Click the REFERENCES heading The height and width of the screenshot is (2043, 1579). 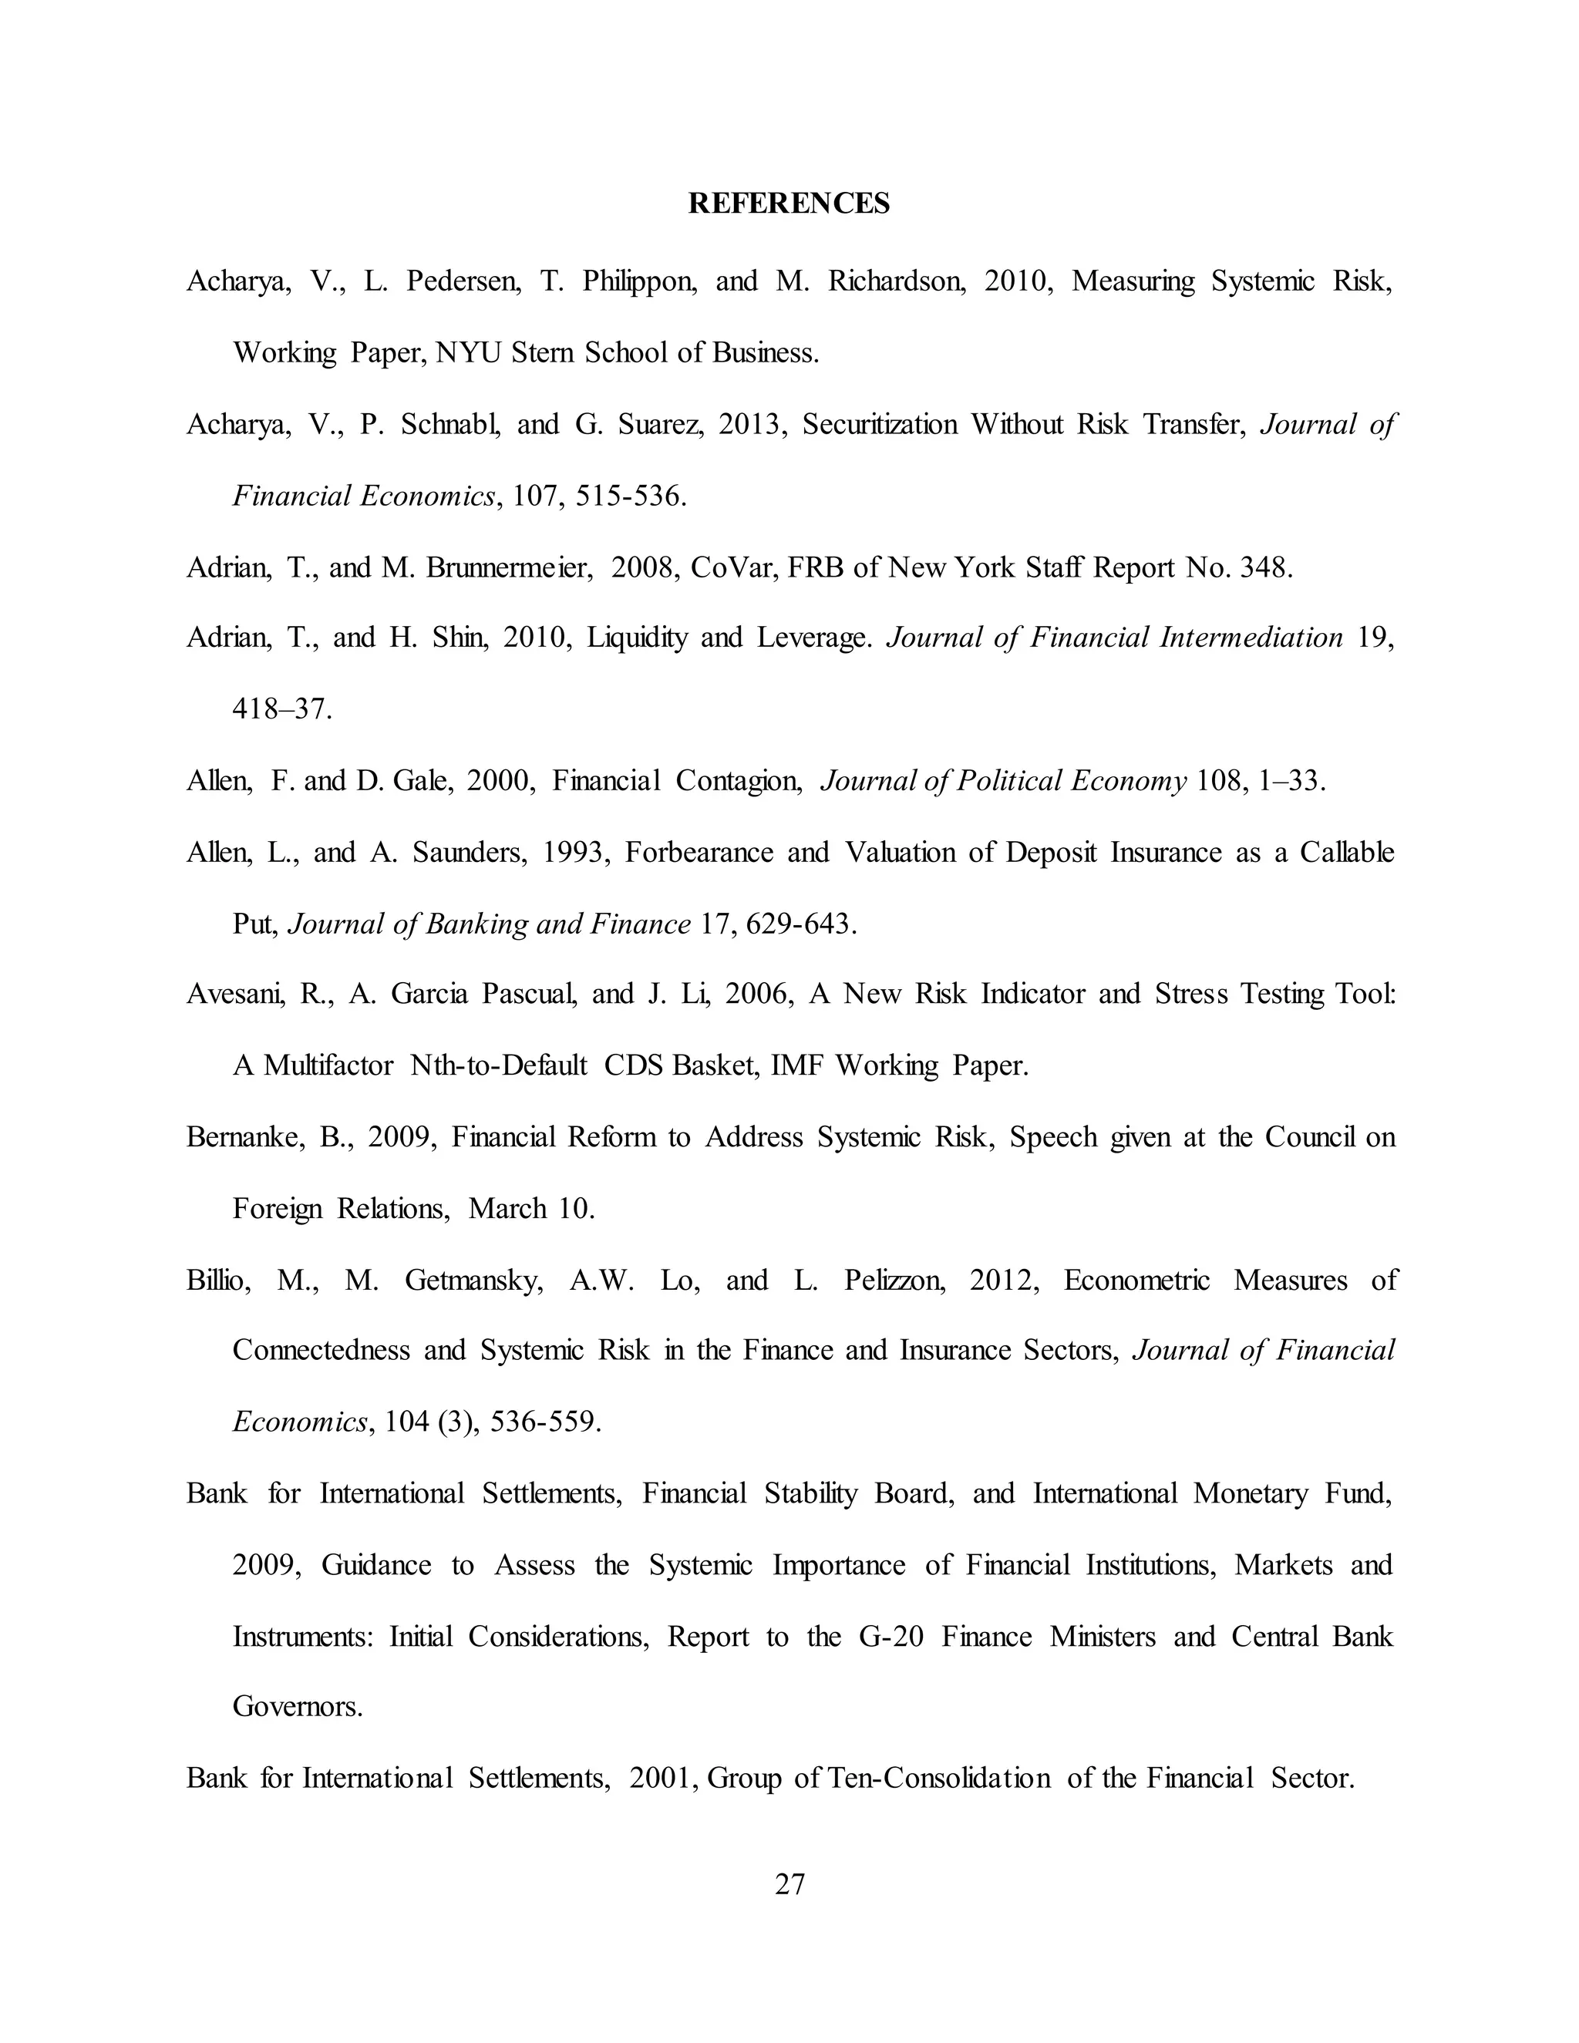pos(789,203)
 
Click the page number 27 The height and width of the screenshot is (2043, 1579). pos(789,1883)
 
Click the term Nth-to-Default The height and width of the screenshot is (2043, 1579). pos(497,1065)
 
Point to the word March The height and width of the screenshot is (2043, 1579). pos(507,1209)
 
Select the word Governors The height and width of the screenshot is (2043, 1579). pos(297,1706)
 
